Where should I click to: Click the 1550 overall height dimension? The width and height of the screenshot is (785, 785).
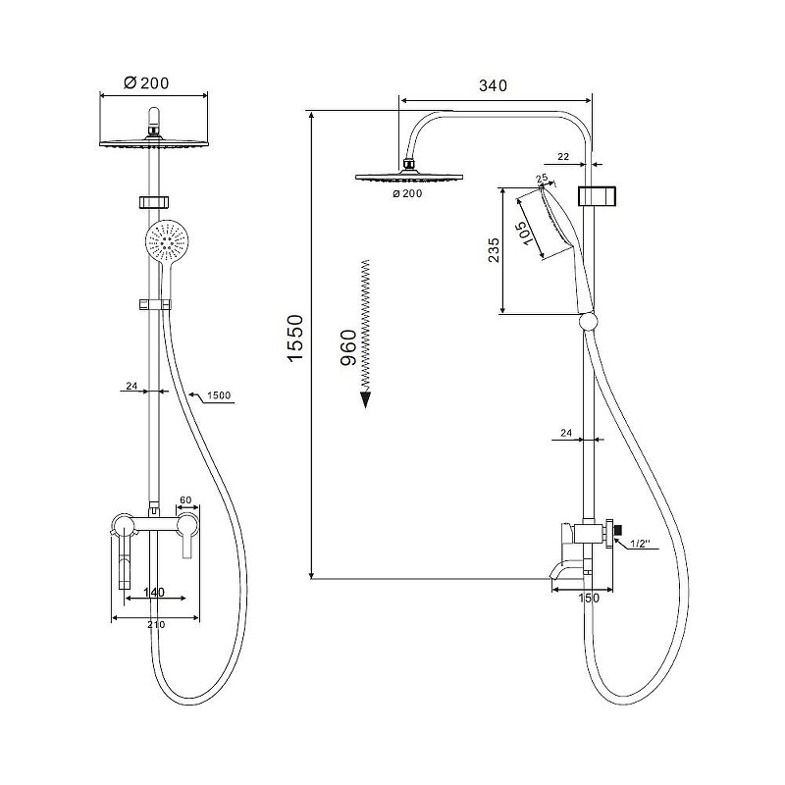click(295, 338)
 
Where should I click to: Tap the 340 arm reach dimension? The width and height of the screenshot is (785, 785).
click(494, 85)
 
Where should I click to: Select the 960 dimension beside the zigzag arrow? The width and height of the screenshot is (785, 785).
click(348, 347)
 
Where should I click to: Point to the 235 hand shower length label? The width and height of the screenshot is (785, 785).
click(494, 250)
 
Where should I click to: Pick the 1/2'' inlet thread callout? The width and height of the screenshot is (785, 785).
click(640, 544)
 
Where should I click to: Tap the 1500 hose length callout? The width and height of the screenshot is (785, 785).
click(219, 395)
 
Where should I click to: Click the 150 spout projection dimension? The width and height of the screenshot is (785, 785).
click(589, 598)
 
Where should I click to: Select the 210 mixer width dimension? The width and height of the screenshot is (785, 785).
click(156, 624)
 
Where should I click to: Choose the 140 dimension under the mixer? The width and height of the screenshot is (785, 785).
click(154, 593)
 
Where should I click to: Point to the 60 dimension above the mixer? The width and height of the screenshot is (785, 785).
click(185, 499)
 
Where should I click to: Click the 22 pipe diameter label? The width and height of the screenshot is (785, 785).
click(563, 157)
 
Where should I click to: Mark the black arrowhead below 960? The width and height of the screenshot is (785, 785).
click(366, 399)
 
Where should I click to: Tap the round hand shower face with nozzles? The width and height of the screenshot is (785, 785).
click(167, 241)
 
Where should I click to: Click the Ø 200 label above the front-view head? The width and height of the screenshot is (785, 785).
click(146, 82)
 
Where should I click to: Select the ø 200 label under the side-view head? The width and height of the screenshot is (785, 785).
click(407, 193)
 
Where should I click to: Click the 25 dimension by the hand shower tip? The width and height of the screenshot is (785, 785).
click(542, 179)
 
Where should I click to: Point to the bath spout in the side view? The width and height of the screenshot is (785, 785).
click(566, 571)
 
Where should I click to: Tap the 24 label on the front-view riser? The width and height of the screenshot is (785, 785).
click(131, 386)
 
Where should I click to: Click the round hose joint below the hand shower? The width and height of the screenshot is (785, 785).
click(588, 322)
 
